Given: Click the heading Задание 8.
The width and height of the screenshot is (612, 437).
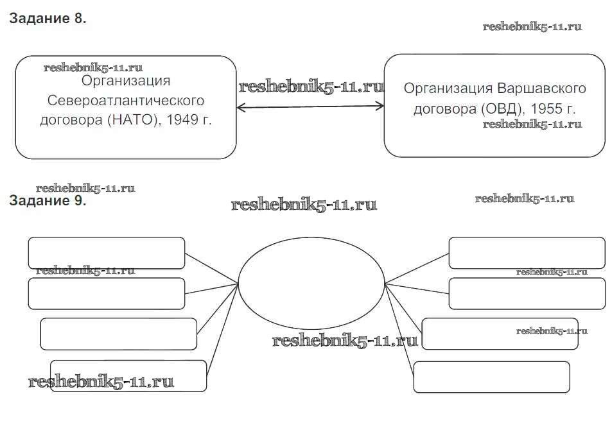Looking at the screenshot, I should [x=48, y=19].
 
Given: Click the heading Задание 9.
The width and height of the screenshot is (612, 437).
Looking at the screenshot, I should [x=48, y=200].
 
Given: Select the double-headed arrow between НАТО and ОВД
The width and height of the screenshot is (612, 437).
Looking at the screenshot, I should [x=310, y=107].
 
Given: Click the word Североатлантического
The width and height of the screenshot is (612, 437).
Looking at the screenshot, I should [x=126, y=101].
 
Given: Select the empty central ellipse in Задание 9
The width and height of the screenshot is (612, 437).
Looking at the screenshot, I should [x=311, y=282].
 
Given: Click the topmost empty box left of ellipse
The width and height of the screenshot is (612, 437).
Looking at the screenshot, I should [x=107, y=252].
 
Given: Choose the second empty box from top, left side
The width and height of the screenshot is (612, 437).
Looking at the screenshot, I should [x=107, y=293].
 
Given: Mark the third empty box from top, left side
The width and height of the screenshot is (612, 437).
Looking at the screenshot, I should [x=118, y=334].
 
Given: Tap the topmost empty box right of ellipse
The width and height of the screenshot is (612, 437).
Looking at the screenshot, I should [x=527, y=252].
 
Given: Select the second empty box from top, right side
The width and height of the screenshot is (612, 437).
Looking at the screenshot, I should [x=527, y=293].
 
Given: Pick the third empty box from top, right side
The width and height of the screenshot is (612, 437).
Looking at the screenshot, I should [x=500, y=334].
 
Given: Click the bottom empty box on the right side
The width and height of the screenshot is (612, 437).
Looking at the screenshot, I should [x=491, y=377].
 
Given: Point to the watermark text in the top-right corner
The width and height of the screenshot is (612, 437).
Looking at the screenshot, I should [x=532, y=27].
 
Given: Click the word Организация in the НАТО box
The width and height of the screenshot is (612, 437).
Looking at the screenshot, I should [x=127, y=81].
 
